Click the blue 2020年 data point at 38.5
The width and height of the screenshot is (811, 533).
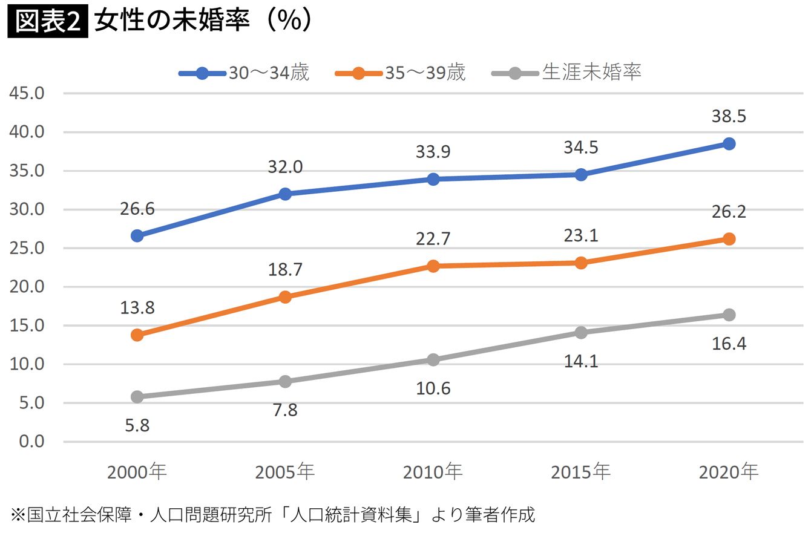(x=729, y=144)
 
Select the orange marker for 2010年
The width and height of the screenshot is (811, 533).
(x=433, y=266)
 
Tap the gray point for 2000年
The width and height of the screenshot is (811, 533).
(x=137, y=397)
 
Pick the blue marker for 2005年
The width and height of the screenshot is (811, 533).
(x=285, y=194)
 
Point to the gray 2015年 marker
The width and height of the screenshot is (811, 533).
(x=581, y=332)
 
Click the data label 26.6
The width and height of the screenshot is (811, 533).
(x=137, y=209)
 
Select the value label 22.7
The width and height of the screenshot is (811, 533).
(x=433, y=240)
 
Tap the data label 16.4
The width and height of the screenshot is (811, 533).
(x=729, y=344)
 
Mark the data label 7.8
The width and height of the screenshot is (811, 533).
(x=285, y=410)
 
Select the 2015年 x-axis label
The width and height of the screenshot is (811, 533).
(x=581, y=472)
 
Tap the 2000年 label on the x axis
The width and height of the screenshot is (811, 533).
(x=137, y=472)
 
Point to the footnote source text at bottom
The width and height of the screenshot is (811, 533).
(x=273, y=515)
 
